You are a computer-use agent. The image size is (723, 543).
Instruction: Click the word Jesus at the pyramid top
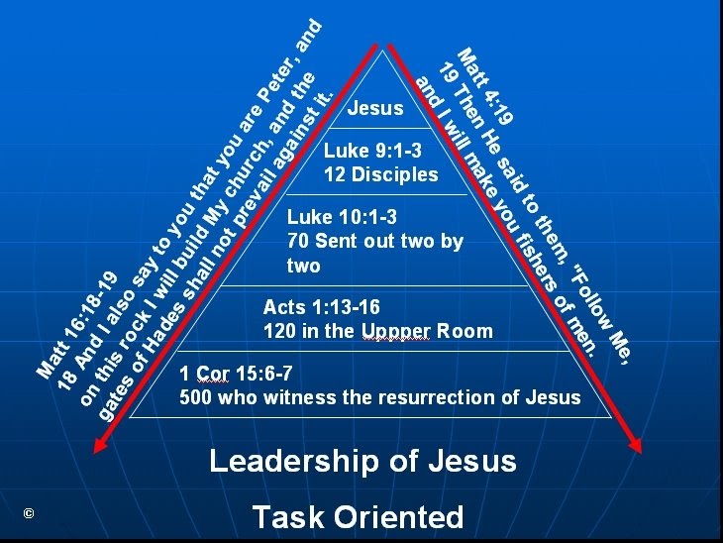(x=376, y=108)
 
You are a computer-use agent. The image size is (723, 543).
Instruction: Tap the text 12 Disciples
(x=380, y=175)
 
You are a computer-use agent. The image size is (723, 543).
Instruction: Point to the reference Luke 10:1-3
(x=341, y=217)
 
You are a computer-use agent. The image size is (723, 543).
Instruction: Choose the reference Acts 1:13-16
(x=321, y=307)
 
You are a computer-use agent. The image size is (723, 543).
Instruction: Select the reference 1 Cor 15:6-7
(x=236, y=375)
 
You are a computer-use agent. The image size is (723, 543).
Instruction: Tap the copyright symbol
(x=29, y=512)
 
